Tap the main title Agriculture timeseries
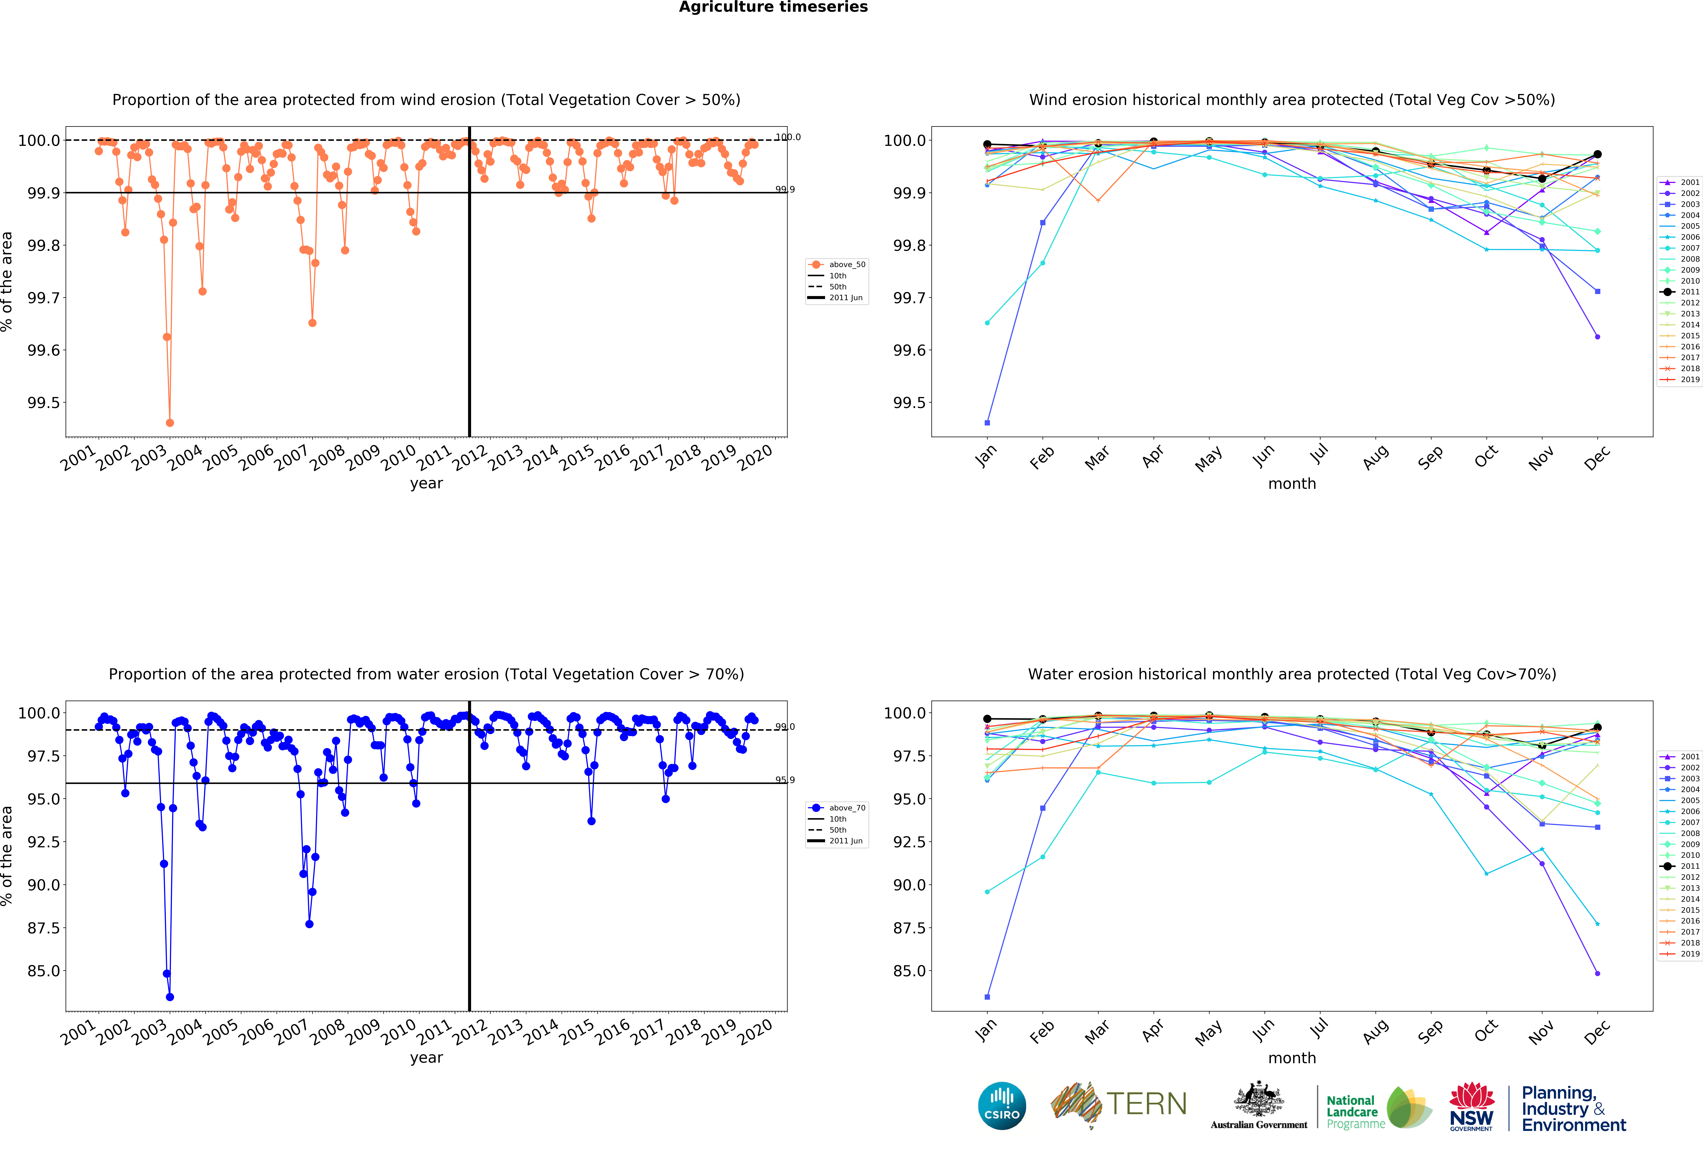point(773,7)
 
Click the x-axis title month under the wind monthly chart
point(1292,483)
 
